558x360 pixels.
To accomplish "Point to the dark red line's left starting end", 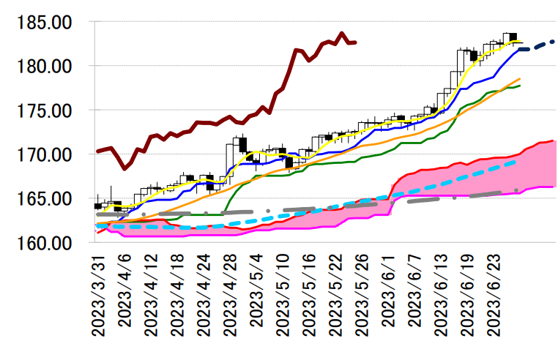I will point(97,151).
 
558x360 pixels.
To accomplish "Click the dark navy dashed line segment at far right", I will point(538,45).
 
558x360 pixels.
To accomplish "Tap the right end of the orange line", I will point(520,78).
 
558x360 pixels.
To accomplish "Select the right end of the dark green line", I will point(520,86).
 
